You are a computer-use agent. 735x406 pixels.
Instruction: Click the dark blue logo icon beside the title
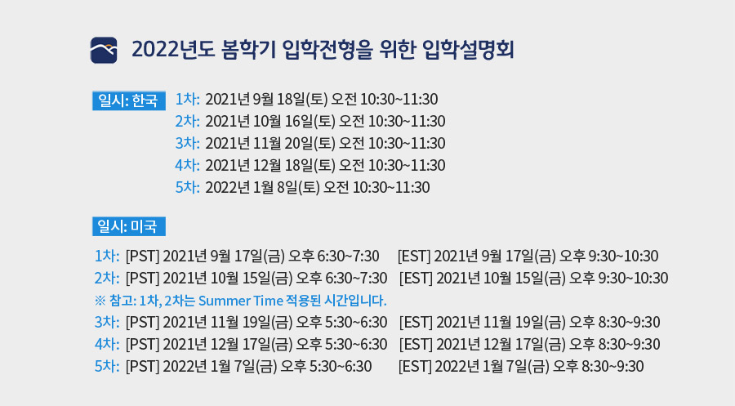[x=104, y=50]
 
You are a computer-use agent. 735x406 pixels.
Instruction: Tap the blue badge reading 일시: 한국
[x=129, y=100]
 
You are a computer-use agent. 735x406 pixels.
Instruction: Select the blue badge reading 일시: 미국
[x=129, y=226]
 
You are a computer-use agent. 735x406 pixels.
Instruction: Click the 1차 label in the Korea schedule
[x=188, y=100]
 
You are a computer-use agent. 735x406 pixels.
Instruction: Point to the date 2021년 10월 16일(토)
[x=270, y=122]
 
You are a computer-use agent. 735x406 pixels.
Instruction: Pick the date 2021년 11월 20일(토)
[x=270, y=144]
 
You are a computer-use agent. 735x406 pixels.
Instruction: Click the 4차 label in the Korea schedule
[x=188, y=166]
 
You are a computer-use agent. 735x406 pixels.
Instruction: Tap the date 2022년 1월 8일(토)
[x=262, y=188]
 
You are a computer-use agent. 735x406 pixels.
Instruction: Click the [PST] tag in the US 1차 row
[x=142, y=256]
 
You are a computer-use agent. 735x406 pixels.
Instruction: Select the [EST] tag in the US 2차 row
[x=416, y=278]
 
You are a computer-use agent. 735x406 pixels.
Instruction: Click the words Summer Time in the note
[x=240, y=301]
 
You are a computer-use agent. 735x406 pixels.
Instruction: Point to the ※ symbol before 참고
[x=100, y=301]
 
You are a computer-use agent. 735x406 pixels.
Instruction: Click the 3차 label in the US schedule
[x=107, y=322]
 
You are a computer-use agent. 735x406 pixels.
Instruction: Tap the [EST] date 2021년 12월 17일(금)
[x=501, y=344]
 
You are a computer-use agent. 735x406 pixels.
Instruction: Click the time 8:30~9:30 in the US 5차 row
[x=612, y=366]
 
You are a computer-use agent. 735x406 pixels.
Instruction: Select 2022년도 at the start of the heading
[x=173, y=50]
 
